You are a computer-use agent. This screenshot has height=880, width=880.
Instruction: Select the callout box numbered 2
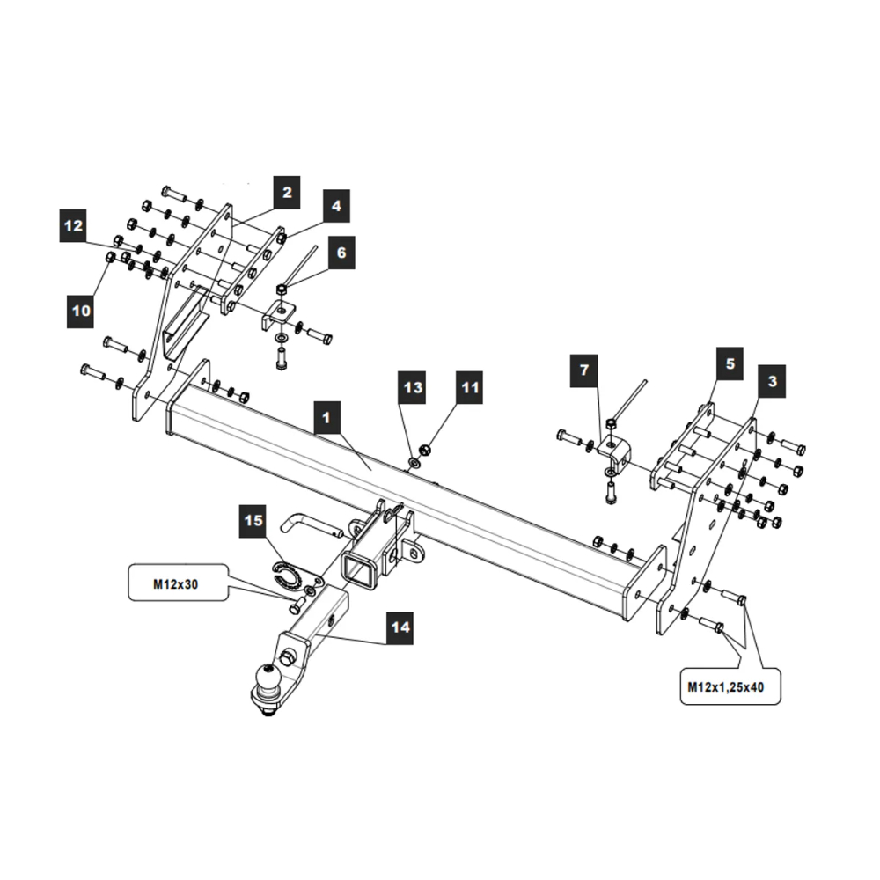pyautogui.click(x=287, y=191)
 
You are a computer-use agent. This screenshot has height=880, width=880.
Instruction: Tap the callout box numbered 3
pyautogui.click(x=772, y=381)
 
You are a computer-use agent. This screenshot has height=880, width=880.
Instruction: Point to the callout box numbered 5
pyautogui.click(x=730, y=362)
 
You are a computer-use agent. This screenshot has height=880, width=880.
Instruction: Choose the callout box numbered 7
pyautogui.click(x=583, y=370)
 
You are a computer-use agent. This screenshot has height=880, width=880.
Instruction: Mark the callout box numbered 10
pyautogui.click(x=81, y=311)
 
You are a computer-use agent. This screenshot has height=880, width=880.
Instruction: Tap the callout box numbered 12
pyautogui.click(x=74, y=226)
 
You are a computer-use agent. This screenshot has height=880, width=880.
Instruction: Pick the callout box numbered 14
pyautogui.click(x=400, y=627)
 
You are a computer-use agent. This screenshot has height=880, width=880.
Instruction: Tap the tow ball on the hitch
pyautogui.click(x=268, y=680)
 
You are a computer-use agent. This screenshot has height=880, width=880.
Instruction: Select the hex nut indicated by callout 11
pyautogui.click(x=424, y=447)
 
